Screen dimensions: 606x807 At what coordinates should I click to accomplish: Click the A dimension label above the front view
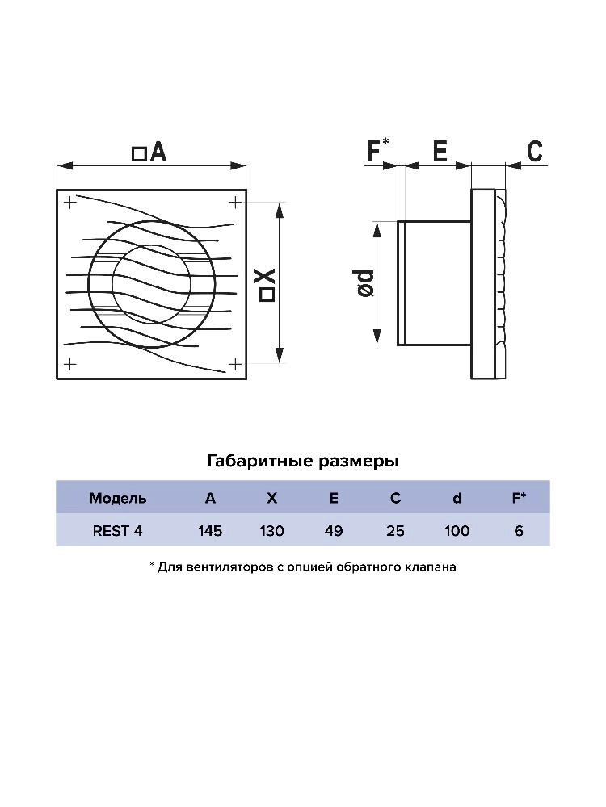click(x=149, y=153)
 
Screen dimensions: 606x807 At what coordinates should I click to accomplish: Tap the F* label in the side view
click(x=377, y=150)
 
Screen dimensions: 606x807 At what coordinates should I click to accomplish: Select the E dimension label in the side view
click(x=440, y=152)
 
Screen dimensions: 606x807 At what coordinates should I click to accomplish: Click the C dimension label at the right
click(x=535, y=152)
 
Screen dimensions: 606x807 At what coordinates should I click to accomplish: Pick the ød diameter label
click(x=364, y=283)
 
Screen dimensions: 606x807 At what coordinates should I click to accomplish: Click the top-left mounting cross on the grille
click(x=69, y=203)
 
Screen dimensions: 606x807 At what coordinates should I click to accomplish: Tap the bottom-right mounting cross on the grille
click(x=235, y=365)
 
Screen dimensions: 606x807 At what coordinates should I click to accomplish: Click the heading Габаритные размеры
click(x=303, y=461)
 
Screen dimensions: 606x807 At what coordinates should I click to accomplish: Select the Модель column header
click(x=117, y=498)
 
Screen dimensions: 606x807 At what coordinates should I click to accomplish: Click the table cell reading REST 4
click(x=117, y=531)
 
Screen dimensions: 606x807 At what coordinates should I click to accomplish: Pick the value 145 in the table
click(x=210, y=531)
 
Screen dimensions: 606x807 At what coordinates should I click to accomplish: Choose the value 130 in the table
click(x=271, y=531)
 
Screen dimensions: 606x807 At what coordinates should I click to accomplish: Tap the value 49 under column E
click(x=334, y=531)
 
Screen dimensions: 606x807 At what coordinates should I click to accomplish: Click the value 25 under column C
click(x=395, y=531)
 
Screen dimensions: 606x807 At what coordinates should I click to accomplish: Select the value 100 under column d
click(x=457, y=531)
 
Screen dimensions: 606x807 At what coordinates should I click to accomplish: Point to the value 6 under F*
click(x=519, y=531)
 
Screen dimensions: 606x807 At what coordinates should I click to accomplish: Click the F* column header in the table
click(x=519, y=498)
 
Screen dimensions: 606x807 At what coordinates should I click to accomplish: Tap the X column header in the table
click(x=271, y=498)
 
